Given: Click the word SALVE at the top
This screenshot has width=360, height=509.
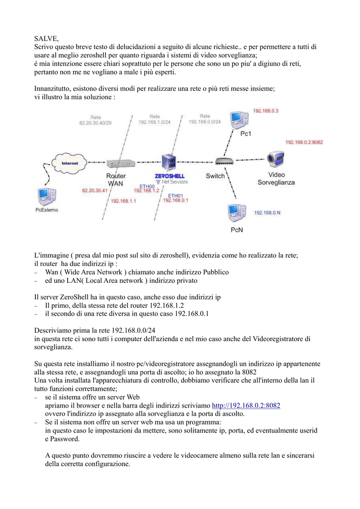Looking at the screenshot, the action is [x=46, y=39].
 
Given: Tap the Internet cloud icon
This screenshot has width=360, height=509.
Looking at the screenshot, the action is [x=70, y=163].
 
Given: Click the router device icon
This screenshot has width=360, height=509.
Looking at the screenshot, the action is [x=121, y=163].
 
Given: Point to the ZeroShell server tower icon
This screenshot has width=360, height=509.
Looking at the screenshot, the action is [x=169, y=163].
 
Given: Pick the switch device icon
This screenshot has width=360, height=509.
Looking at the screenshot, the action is [x=224, y=161].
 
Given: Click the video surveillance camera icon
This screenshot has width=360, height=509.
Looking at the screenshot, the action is [x=275, y=159].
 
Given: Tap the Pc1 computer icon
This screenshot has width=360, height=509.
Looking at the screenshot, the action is [x=239, y=120].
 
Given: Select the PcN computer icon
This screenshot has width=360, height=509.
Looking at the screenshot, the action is [x=237, y=213].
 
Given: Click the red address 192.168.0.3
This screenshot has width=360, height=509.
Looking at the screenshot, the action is [x=266, y=111].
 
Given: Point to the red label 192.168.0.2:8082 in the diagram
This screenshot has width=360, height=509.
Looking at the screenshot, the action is [x=304, y=142].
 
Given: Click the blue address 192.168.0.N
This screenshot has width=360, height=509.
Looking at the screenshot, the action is [x=267, y=213].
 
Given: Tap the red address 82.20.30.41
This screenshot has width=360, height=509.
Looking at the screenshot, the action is [x=94, y=190].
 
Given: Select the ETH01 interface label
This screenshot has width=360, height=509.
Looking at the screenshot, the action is [x=176, y=196].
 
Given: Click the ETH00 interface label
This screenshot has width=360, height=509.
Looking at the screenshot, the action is [x=147, y=186].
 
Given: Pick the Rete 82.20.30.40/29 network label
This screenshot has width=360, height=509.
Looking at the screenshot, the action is [x=95, y=120].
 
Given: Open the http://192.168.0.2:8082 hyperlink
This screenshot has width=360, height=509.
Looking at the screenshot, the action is [x=246, y=406].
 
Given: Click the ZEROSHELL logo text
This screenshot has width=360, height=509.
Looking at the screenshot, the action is [x=170, y=176].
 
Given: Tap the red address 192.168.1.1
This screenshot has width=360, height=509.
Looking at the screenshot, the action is [x=123, y=201].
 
